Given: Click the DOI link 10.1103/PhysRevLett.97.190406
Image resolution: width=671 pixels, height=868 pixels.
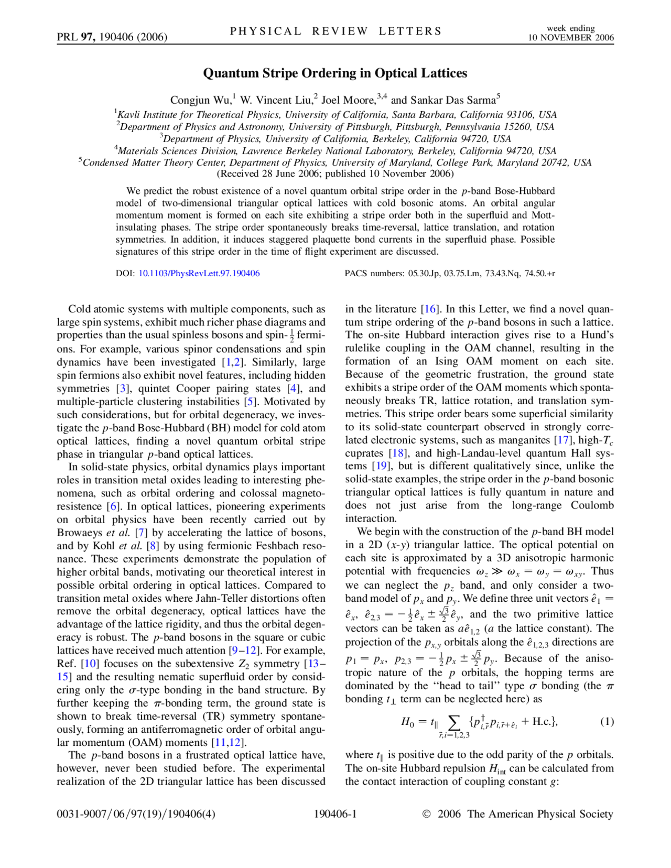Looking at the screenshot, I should pos(199,273).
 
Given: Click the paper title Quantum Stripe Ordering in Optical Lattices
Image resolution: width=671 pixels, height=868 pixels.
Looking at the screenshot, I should pos(335,73).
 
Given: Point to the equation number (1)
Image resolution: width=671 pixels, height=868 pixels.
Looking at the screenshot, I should pos(607,722).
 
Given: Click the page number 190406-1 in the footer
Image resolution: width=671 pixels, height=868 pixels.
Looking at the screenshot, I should pos(335,814).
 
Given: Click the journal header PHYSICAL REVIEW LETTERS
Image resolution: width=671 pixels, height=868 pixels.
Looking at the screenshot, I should pos(335,31).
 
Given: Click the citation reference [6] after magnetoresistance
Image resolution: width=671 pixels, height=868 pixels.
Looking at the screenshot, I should pos(113,506).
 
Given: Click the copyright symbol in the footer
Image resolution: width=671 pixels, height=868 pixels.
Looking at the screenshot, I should pos(426,814).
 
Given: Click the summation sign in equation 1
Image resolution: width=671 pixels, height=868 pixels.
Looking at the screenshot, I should pos(454,722).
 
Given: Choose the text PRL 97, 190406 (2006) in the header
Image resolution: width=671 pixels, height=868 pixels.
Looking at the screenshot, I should pos(112,37).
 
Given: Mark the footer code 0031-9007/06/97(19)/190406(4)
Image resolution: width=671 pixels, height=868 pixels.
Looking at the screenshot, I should pos(136,814).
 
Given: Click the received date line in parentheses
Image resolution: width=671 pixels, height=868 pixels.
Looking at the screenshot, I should pos(335,173).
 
